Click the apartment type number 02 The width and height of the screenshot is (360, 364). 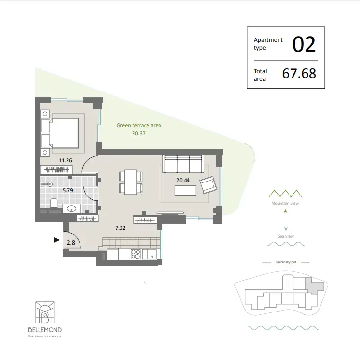(304, 44)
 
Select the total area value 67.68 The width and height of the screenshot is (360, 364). (299, 73)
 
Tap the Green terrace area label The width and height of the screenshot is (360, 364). (138, 125)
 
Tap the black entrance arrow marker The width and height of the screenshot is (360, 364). (57, 239)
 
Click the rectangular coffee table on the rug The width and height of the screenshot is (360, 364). (186, 191)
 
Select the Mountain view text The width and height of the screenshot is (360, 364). (286, 204)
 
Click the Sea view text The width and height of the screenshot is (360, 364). (286, 236)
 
